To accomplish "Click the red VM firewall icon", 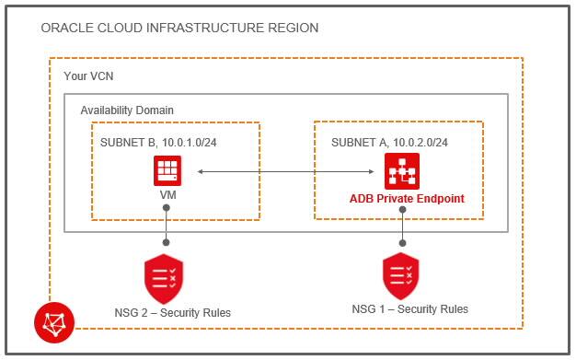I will [x=167, y=170].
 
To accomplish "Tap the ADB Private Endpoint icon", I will [x=401, y=171].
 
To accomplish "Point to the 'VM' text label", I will [x=167, y=197].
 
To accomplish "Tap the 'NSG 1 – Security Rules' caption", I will [x=409, y=308].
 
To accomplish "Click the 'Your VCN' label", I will [x=88, y=75].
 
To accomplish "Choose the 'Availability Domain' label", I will [x=127, y=110].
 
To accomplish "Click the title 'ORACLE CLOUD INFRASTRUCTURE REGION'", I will [x=179, y=29].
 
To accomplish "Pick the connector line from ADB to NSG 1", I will [x=401, y=230].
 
